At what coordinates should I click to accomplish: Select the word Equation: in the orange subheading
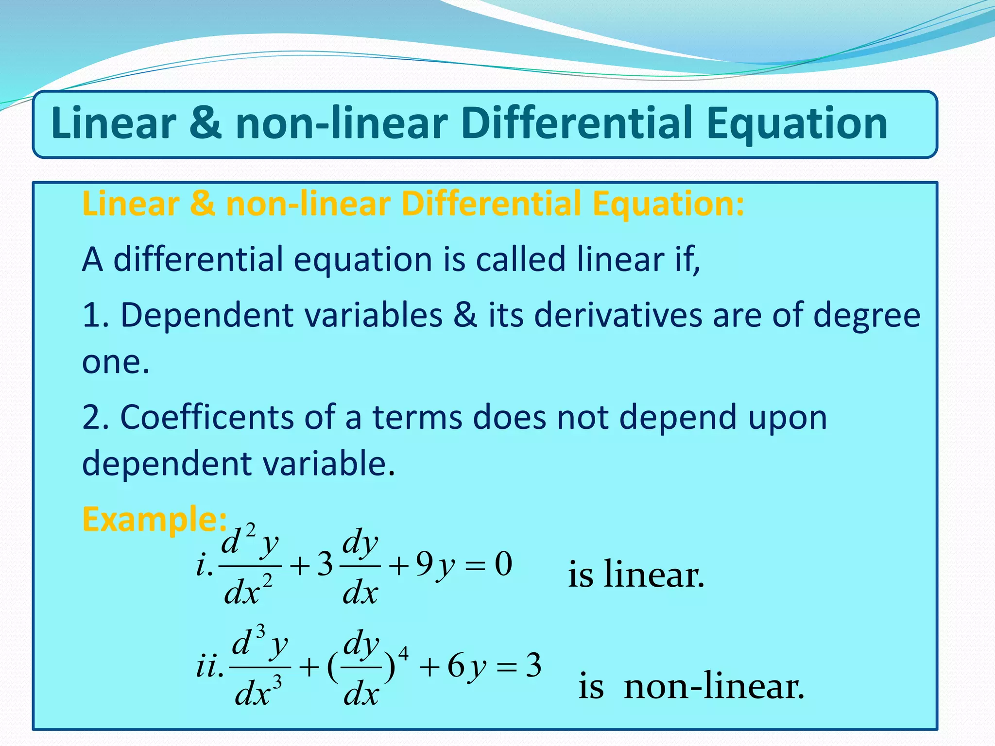coord(668,204)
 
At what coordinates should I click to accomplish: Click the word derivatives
coord(618,315)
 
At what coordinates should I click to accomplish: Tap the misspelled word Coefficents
coord(206,417)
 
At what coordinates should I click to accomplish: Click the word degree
coord(867,315)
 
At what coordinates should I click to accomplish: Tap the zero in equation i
coord(503,565)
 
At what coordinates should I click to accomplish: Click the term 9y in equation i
coord(435,566)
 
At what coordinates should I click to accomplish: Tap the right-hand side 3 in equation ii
coord(533,665)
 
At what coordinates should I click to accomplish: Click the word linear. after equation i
coord(653,575)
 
